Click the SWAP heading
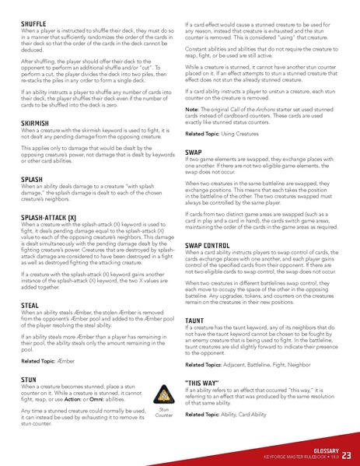194,152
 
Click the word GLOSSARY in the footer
323,449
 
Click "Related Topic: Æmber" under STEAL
48,361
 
